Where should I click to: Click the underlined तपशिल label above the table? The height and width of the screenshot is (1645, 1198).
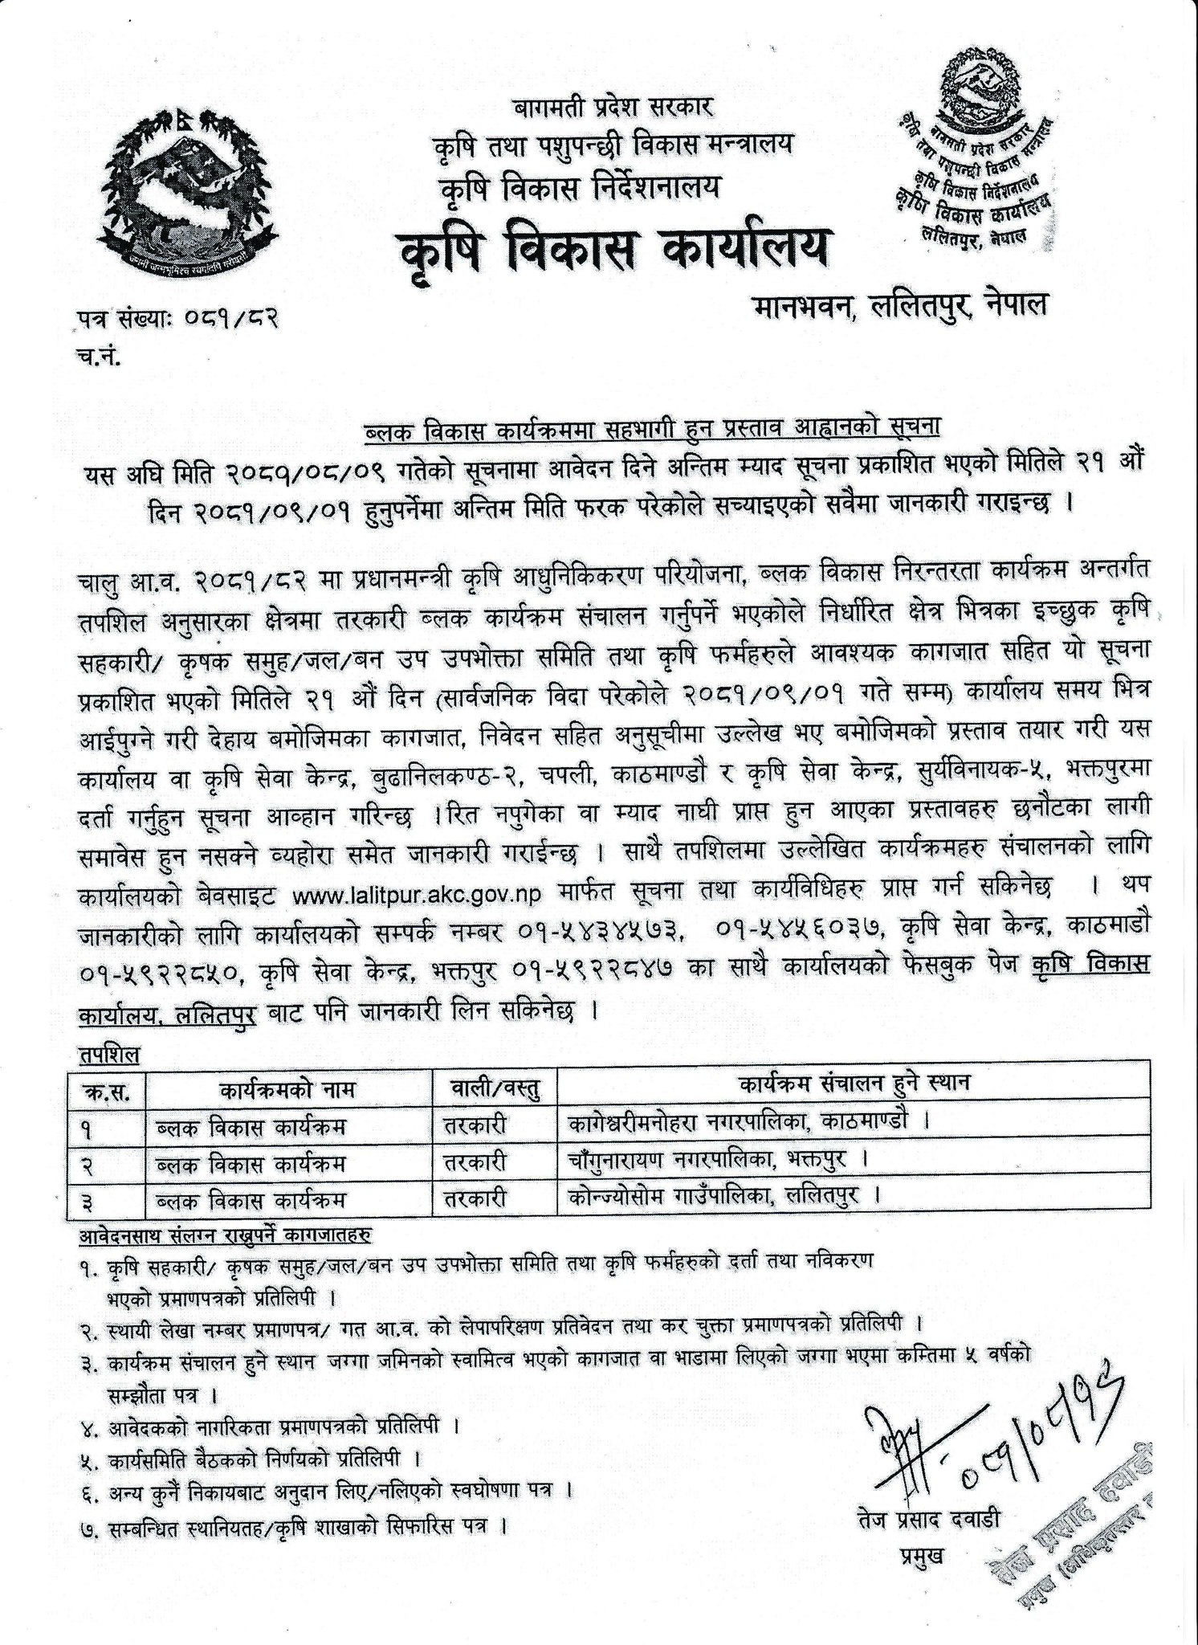108,1054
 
